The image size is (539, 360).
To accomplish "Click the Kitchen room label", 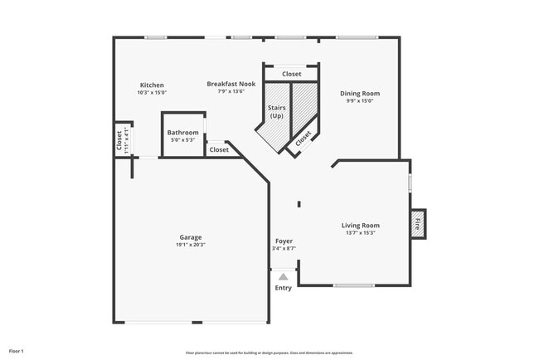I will click(x=152, y=85).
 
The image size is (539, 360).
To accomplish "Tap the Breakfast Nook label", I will click(x=231, y=84).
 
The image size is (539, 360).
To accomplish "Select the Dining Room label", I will click(x=360, y=94).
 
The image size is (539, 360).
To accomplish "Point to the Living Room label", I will click(x=360, y=226).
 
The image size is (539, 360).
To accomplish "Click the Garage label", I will click(x=191, y=237).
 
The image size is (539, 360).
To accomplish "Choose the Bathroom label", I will click(x=182, y=133).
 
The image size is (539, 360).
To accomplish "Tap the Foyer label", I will click(x=284, y=241).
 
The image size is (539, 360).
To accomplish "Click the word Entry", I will click(x=284, y=289).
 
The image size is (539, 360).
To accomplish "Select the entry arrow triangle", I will click(x=284, y=277).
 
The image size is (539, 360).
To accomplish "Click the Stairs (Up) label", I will click(x=276, y=111).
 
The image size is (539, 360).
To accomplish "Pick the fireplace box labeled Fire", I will click(x=418, y=223).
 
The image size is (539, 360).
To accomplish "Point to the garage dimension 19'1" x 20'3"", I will click(x=191, y=245).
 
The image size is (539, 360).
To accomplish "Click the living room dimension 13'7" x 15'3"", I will click(x=360, y=233).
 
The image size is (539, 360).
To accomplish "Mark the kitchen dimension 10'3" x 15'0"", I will click(x=152, y=93).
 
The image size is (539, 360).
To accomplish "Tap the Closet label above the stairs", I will click(x=291, y=74).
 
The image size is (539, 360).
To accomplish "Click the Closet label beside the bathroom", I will click(x=219, y=150).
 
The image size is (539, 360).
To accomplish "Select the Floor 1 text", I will click(x=17, y=351).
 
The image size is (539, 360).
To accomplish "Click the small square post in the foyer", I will click(x=299, y=204).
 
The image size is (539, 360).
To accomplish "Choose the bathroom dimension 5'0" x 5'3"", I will click(x=182, y=140).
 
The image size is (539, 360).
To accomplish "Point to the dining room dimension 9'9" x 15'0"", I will click(x=360, y=101).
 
